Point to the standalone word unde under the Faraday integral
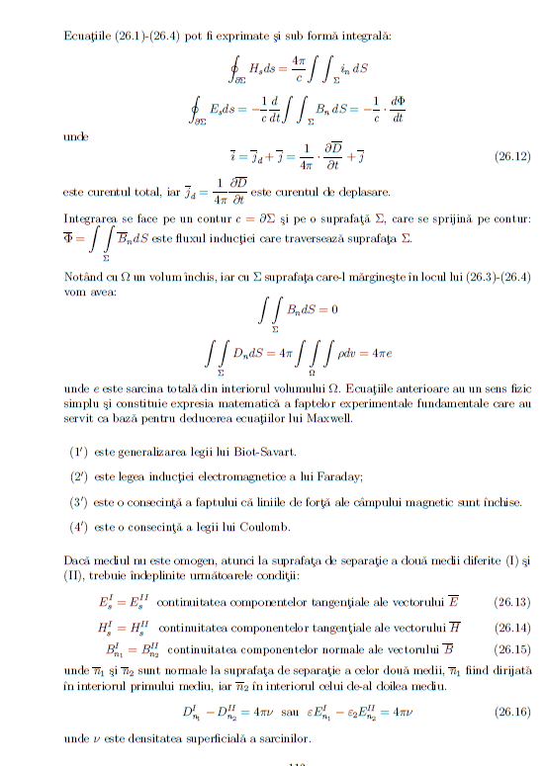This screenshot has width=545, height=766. [x=74, y=134]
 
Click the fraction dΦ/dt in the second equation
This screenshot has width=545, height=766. [x=398, y=109]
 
